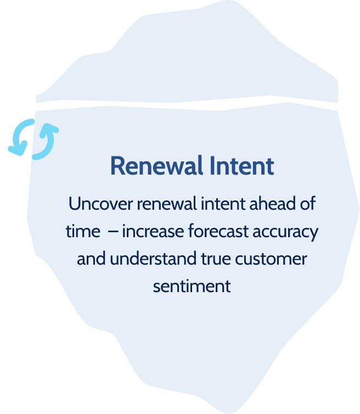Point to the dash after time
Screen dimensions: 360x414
(113, 232)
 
